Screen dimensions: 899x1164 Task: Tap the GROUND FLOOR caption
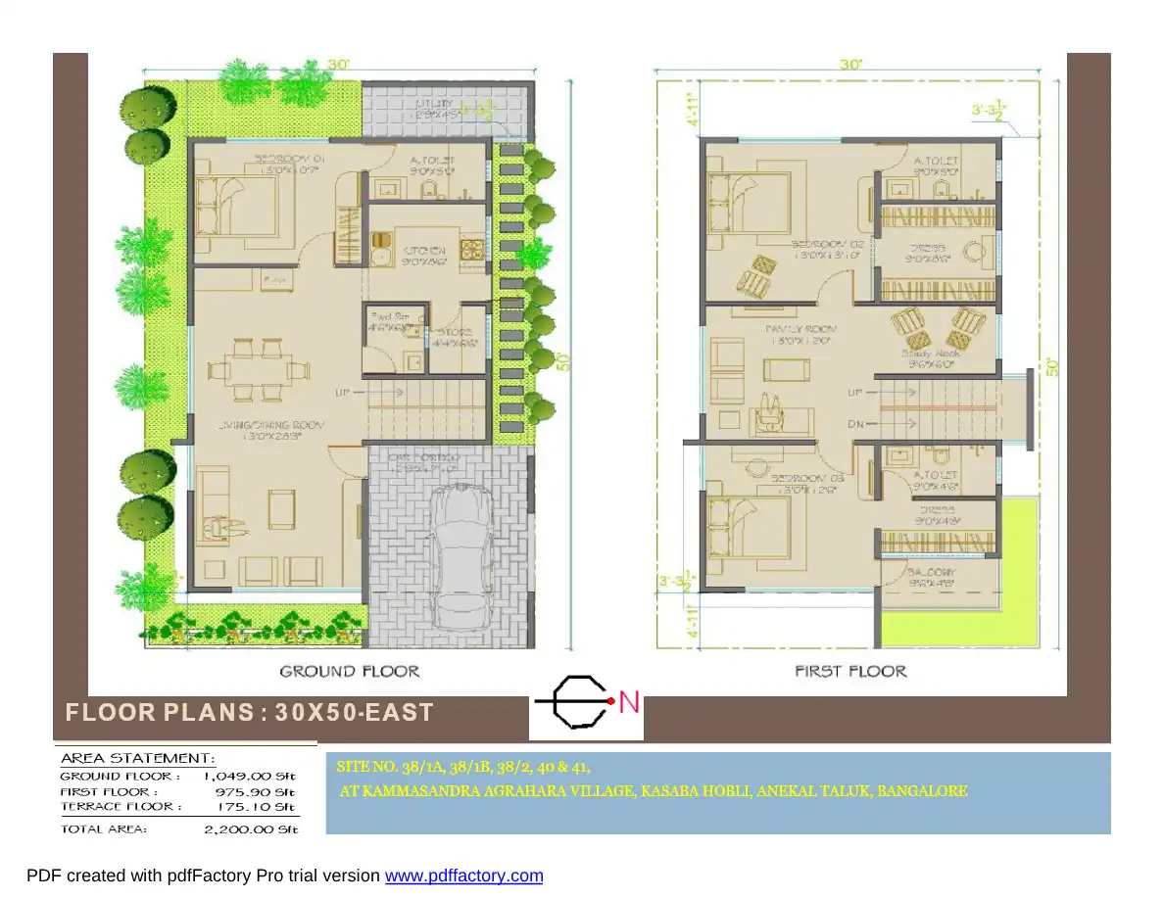349,671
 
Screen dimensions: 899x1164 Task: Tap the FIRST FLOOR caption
850,671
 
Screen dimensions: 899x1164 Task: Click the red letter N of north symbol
629,702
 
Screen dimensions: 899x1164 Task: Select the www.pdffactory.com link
463,875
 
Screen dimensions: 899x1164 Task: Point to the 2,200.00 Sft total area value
250,829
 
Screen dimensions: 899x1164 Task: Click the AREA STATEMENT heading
137,758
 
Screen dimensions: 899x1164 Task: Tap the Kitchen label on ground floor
424,251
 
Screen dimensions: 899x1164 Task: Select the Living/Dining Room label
270,425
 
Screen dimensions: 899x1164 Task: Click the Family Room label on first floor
801,329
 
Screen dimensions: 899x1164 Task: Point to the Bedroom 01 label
292,158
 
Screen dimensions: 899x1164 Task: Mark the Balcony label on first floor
931,571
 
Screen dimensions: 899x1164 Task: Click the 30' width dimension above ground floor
339,64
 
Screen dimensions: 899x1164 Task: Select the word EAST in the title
401,713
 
